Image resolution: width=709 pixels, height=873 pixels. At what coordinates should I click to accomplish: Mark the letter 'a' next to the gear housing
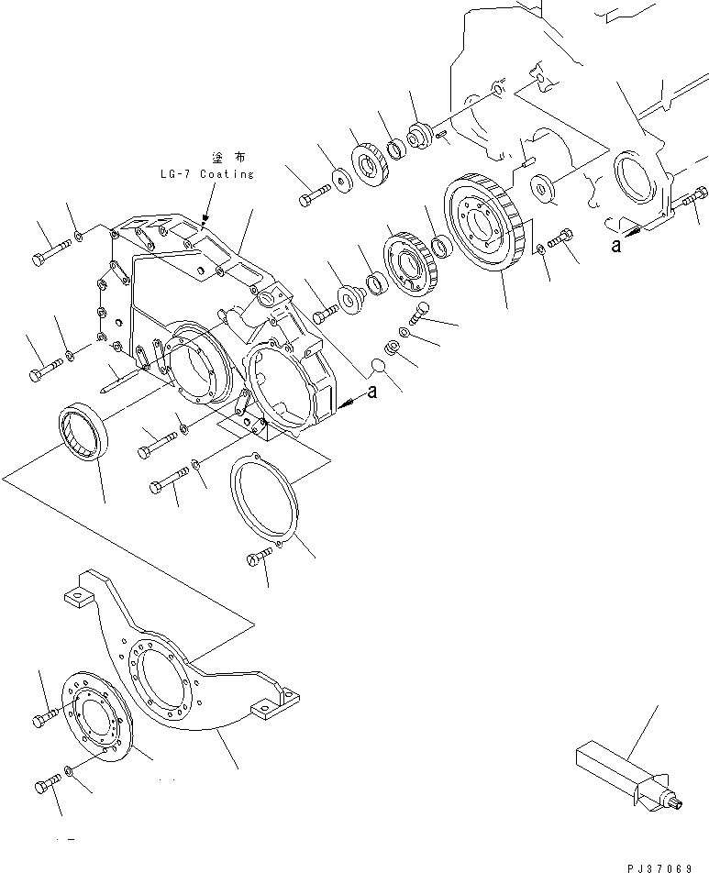372,392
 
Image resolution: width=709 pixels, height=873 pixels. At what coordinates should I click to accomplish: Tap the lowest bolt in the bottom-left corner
48,785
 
